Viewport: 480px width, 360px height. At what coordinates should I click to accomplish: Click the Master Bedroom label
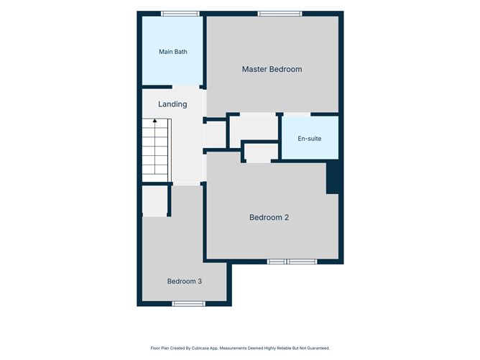272,69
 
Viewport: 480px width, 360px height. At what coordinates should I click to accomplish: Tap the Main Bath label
173,52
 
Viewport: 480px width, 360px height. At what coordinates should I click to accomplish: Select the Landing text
172,104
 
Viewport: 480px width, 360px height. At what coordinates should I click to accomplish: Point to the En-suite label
310,139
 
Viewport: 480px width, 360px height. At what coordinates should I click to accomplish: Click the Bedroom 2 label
269,217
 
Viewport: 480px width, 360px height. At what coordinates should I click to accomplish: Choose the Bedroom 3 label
184,282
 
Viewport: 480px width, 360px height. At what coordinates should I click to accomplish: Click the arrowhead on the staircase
155,121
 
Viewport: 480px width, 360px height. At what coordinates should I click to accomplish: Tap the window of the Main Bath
180,14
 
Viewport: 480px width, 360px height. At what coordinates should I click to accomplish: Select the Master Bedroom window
280,14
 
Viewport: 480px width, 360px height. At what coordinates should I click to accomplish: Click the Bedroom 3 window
188,304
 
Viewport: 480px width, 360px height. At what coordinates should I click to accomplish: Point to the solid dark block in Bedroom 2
333,177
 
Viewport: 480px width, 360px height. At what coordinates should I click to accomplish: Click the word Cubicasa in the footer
198,348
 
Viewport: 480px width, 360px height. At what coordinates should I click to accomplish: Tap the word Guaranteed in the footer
319,348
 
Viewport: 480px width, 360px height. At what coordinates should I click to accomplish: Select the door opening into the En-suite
296,114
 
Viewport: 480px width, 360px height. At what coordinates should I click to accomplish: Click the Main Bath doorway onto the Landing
186,87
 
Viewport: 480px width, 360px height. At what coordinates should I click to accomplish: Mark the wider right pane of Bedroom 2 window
302,262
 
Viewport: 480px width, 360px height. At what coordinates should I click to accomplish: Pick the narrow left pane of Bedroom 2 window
277,262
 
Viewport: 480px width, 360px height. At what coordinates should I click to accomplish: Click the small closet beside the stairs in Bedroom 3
154,200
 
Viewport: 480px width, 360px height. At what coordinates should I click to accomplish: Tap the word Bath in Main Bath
180,52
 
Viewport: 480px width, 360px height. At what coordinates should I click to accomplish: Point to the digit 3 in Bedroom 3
200,282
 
